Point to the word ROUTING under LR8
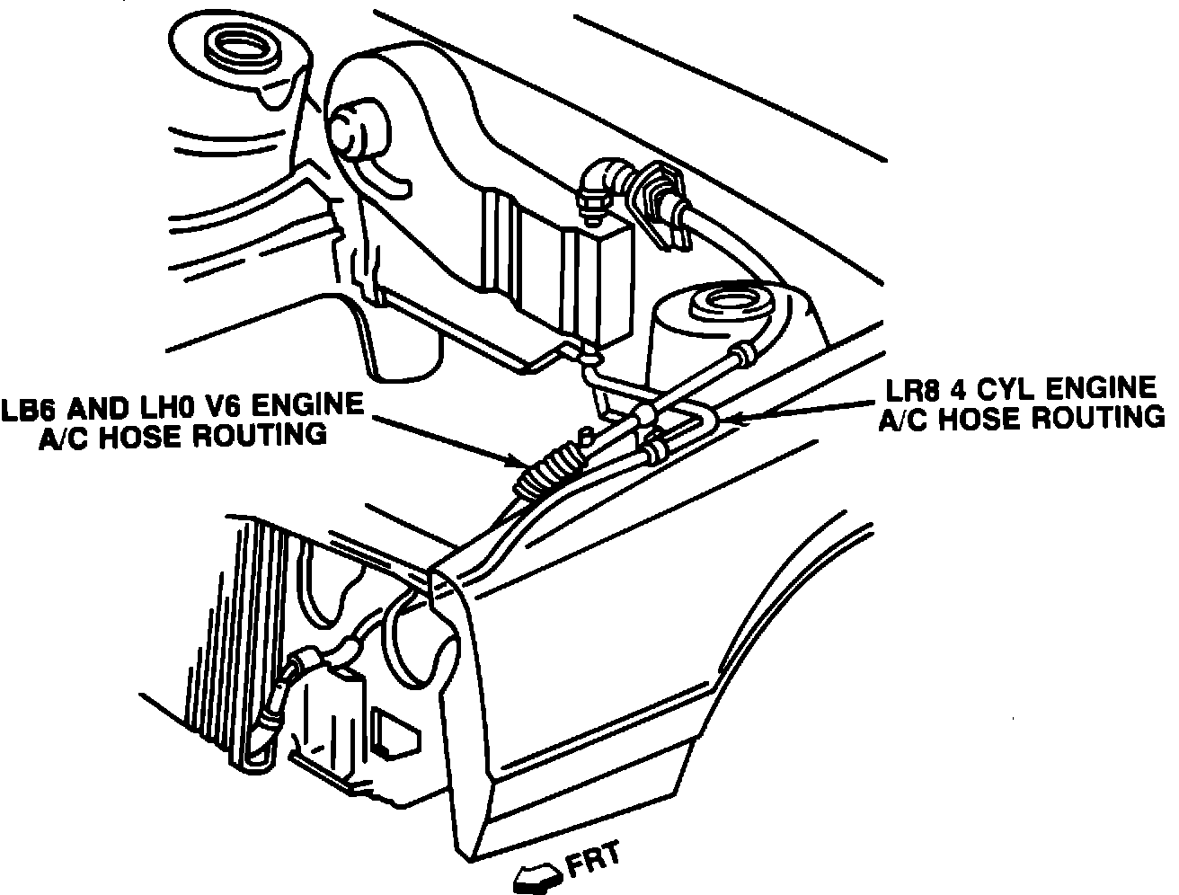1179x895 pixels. click(1097, 418)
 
